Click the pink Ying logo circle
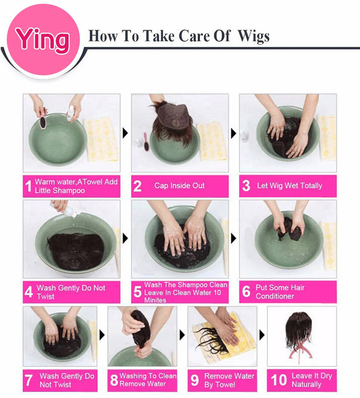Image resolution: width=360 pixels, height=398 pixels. pos(43,40)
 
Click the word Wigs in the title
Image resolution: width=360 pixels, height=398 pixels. pos(253,36)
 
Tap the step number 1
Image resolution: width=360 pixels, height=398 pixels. pos(28,186)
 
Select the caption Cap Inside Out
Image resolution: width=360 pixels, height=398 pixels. pos(179,185)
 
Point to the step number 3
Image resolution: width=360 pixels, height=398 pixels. pos(246,186)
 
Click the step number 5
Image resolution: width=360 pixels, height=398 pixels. pos(137,292)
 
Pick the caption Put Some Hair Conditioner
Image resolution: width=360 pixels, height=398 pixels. pos(280,292)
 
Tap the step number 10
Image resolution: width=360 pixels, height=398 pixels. pos(278,380)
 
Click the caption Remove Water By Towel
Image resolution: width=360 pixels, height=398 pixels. pos(229,380)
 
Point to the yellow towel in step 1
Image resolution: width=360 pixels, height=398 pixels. pos(101,140)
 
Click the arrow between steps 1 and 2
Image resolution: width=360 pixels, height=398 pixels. pos(125,133)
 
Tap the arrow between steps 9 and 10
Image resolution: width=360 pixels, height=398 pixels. pos(262,335)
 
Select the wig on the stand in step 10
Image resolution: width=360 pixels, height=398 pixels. pos(299,329)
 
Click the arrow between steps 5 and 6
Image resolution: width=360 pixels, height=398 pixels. pos(234,238)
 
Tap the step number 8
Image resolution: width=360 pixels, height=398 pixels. pos(114,380)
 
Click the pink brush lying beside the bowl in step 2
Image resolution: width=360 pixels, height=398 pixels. pos(147,142)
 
